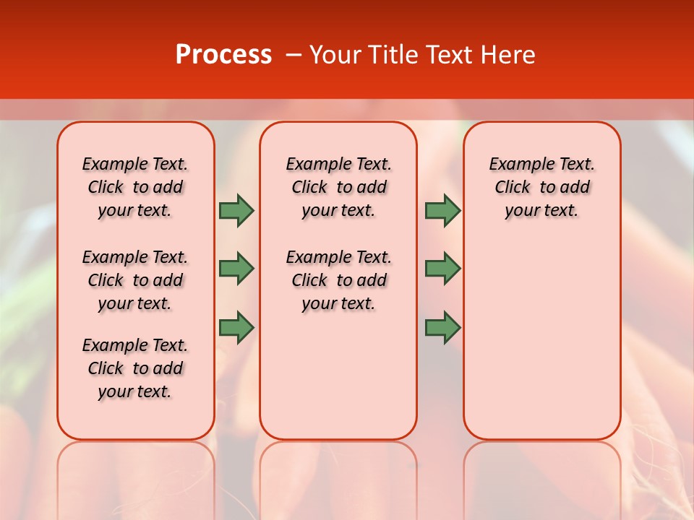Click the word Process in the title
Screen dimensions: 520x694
pos(223,55)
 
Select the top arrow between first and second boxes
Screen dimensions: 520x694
pos(236,210)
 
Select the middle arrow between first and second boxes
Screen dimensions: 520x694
pos(236,269)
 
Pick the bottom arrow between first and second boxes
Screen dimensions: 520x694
pos(236,327)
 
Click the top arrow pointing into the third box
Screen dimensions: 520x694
pos(442,210)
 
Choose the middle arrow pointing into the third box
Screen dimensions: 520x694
pos(442,269)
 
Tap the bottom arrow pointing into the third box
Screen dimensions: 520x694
pos(442,327)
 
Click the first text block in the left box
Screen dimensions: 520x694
pos(135,187)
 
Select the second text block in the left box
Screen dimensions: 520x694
pos(135,280)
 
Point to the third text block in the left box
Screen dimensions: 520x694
pos(135,368)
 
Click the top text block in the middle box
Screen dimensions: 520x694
pos(338,187)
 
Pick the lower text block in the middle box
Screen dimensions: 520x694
pos(338,280)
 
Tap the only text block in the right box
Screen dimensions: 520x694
pos(541,187)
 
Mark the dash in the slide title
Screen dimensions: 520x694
pos(293,55)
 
